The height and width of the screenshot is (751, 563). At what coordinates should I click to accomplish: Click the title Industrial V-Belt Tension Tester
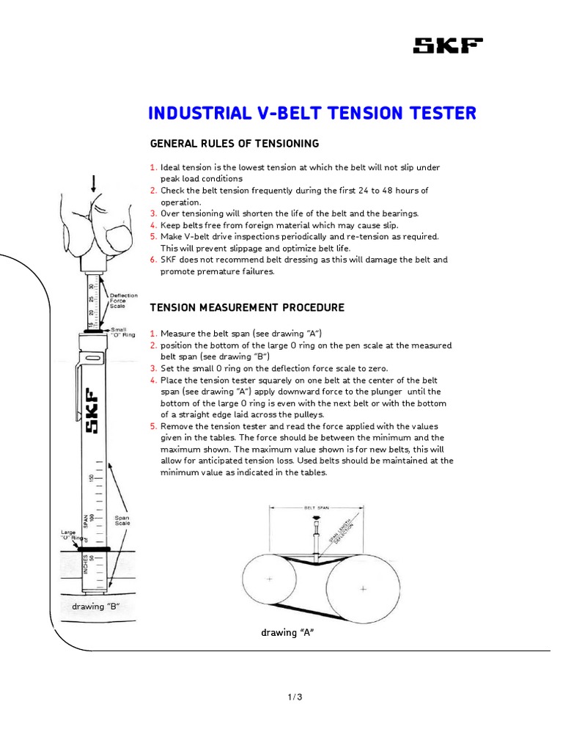point(312,113)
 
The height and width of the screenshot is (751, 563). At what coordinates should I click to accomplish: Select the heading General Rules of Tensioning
point(235,143)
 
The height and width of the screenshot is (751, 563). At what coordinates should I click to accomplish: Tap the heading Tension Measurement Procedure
point(247,307)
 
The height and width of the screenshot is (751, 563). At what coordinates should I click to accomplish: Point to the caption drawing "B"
point(95,607)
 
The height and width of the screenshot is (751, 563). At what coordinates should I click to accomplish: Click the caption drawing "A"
point(287,632)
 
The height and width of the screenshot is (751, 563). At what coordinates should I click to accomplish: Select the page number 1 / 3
point(295,697)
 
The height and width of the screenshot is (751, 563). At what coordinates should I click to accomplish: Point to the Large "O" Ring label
point(69,536)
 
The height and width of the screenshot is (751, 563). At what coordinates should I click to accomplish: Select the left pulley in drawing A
point(270,579)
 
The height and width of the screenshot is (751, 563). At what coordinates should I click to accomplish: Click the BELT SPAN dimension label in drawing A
point(315,507)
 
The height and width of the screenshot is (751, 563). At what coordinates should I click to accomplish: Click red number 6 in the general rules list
point(153,260)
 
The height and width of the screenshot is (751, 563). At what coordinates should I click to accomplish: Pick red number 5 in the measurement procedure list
point(153,426)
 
